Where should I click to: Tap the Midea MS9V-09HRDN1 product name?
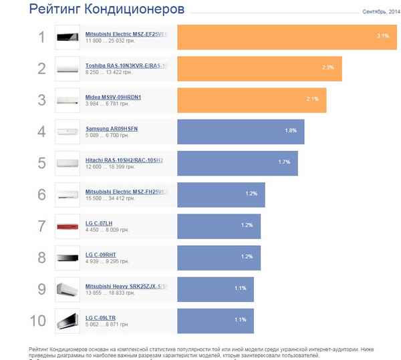(118, 97)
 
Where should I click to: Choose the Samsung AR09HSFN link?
(112, 128)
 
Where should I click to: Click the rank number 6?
(41, 194)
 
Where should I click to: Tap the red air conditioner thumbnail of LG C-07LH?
(68, 226)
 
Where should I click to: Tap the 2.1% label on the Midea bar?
(313, 99)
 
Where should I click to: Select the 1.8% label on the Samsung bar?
(291, 130)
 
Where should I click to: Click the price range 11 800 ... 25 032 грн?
(111, 40)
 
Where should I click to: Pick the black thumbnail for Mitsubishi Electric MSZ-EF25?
(68, 37)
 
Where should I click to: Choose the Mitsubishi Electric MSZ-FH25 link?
(126, 191)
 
